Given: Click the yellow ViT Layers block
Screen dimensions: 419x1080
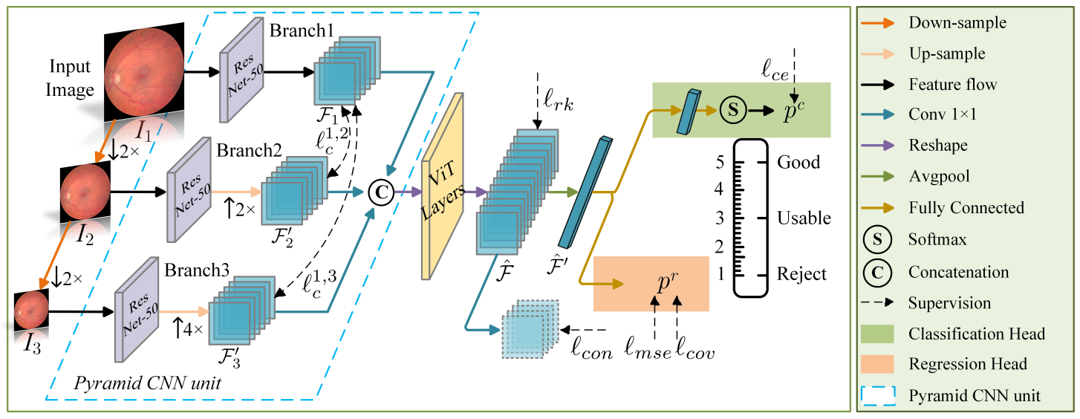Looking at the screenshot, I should (443, 186).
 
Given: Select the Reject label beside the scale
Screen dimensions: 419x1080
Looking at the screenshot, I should (801, 274).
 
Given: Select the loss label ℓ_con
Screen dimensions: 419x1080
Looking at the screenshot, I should (591, 349).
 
